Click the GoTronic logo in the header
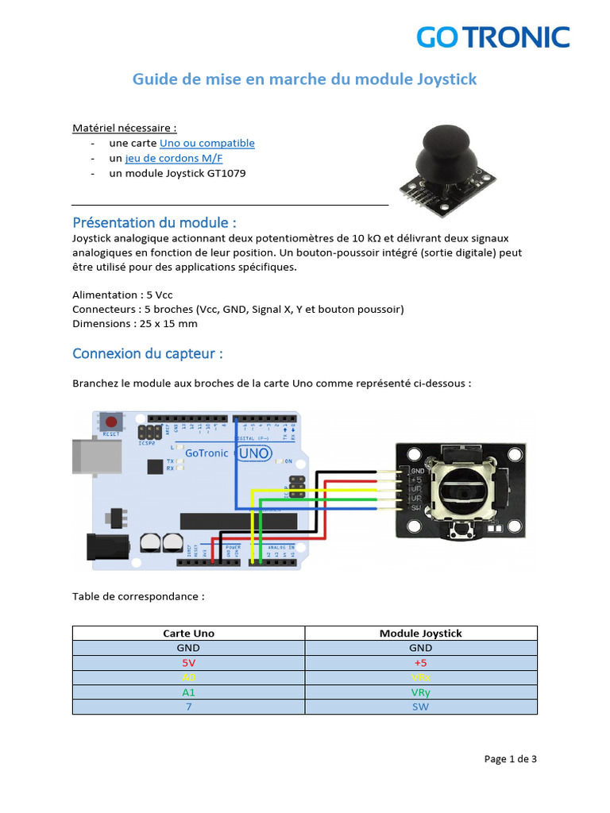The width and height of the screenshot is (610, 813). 493,37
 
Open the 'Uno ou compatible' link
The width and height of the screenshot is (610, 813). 207,143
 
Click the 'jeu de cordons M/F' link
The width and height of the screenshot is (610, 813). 174,158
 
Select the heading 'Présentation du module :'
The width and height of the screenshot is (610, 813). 154,222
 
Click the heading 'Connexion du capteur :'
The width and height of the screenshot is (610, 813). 147,353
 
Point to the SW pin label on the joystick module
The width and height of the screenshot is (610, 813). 415,507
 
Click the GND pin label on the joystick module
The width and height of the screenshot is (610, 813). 418,471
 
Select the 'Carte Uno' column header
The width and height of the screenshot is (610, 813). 188,634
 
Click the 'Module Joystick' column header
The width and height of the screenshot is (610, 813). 420,634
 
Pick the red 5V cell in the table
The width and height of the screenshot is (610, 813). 188,662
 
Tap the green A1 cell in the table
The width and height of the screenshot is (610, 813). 188,692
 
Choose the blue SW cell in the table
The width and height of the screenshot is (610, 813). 420,706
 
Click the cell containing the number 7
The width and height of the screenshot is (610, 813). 188,706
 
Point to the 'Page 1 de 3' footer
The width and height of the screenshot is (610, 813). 510,759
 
